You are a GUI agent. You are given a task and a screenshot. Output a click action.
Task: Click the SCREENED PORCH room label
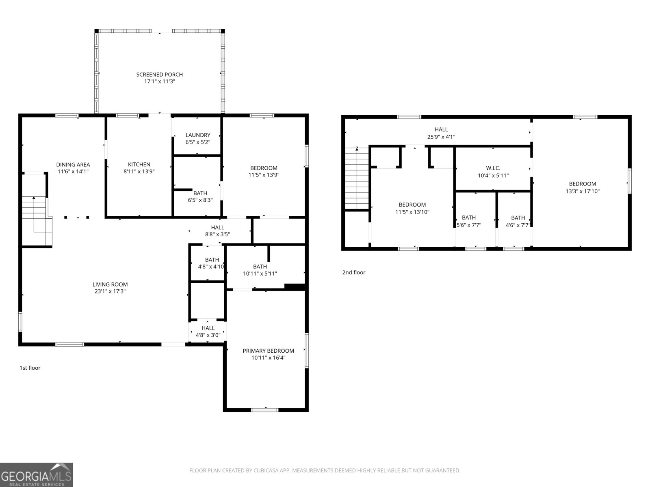tap(159, 75)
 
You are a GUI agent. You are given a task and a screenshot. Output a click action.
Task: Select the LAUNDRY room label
tap(198, 135)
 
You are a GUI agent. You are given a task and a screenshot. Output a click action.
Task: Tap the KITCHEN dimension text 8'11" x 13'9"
tap(139, 171)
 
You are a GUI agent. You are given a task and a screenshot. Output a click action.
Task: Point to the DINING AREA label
tap(73, 164)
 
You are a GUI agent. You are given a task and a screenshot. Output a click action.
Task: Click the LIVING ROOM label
tap(110, 284)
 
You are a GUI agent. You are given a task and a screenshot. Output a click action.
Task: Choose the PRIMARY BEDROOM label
tap(268, 351)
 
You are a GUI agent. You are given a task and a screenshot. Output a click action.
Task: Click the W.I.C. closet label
tap(493, 168)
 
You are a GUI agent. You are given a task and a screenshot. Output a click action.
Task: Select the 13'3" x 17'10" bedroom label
tap(582, 191)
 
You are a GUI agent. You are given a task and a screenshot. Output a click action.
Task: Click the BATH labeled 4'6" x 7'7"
tap(518, 221)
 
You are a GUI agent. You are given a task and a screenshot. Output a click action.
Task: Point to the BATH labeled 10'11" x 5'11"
tap(260, 270)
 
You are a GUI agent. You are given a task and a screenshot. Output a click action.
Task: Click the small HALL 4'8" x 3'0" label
tap(208, 332)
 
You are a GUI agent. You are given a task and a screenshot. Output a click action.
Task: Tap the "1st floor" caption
tap(30, 368)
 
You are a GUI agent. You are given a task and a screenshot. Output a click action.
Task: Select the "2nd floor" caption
tap(353, 273)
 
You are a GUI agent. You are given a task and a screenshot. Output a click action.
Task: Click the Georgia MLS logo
tap(37, 474)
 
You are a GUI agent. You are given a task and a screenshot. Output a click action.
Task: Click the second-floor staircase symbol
tap(357, 179)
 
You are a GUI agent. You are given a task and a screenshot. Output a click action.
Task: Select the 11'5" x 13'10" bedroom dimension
tap(412, 212)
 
